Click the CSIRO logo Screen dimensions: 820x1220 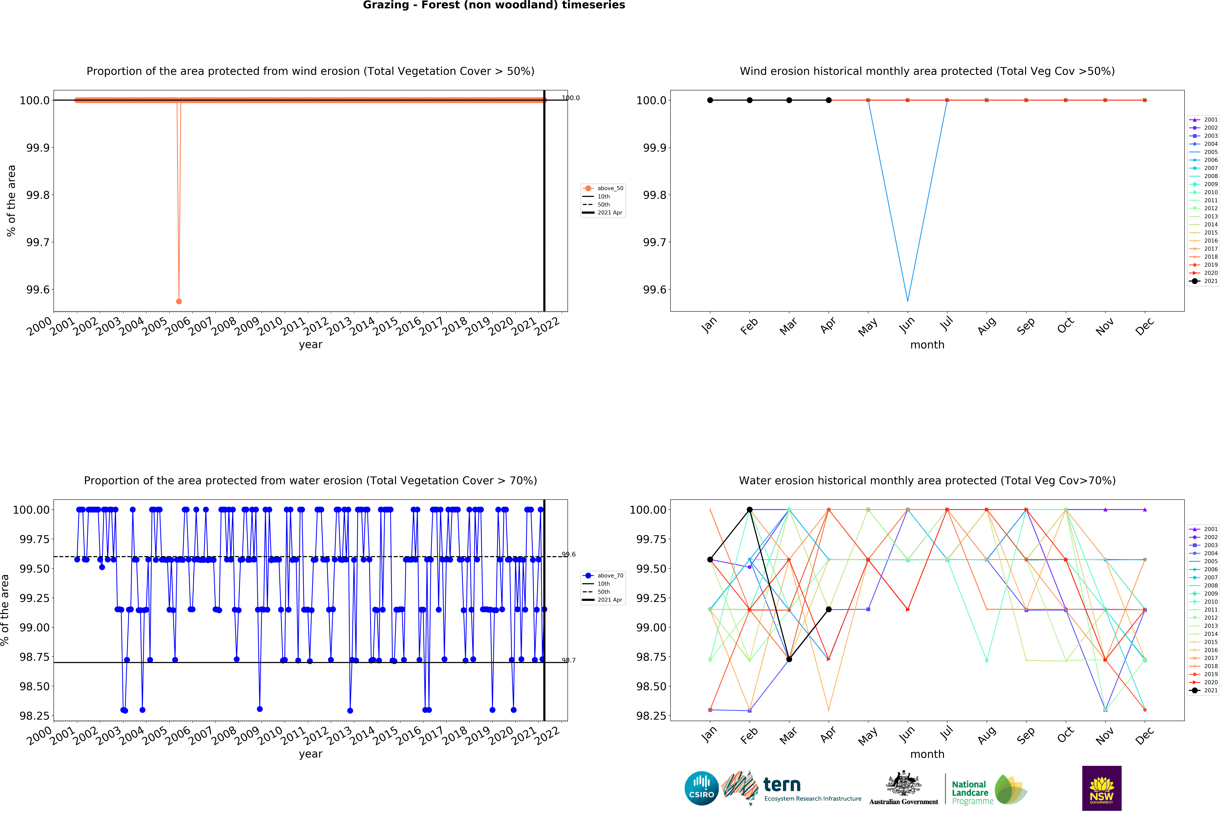(x=701, y=788)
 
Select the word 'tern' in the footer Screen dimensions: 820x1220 (x=782, y=784)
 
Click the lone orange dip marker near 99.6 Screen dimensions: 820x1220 (x=179, y=301)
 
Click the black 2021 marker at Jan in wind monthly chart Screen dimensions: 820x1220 (x=710, y=100)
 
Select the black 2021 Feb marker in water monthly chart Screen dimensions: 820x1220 (x=749, y=509)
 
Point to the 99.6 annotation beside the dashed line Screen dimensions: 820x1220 (x=568, y=554)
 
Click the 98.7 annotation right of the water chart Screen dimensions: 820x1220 (x=568, y=660)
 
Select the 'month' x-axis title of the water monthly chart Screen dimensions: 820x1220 (x=927, y=754)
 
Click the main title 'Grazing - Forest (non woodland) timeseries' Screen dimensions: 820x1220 (x=494, y=5)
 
